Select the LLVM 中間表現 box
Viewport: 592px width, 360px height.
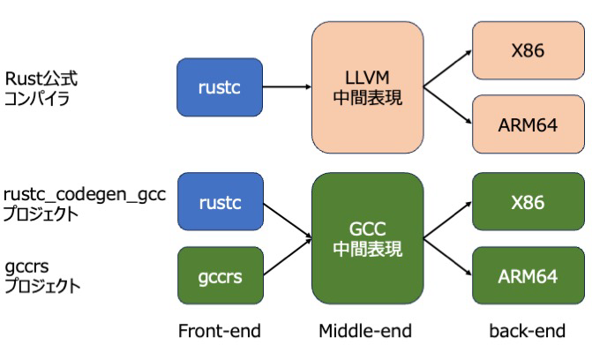coord(366,87)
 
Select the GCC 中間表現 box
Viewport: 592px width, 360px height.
coord(366,239)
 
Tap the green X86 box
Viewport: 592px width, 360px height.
coord(528,202)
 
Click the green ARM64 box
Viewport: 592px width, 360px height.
coord(528,276)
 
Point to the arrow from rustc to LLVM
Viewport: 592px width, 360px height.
coord(288,87)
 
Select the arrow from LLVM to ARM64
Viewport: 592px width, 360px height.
coord(447,105)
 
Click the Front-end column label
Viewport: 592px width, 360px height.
coord(220,331)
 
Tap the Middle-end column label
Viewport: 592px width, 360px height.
coord(365,331)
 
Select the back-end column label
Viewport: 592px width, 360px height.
coord(527,331)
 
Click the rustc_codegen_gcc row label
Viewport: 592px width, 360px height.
coord(84,194)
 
